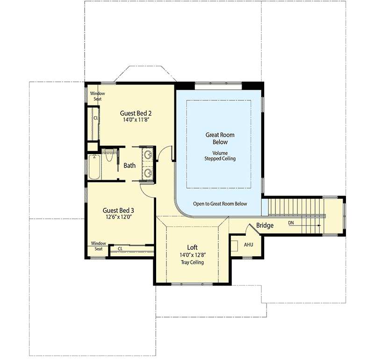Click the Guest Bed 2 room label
point(136,113)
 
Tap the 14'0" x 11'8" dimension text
point(136,120)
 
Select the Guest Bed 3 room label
point(118,210)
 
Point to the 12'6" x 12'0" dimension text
point(118,217)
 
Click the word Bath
point(129,165)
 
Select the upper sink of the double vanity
point(149,155)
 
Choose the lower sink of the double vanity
point(149,173)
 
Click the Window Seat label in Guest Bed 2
point(98,96)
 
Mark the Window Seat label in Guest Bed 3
point(99,246)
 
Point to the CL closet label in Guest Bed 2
point(95,118)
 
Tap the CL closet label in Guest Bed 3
point(120,248)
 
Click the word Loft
point(193,247)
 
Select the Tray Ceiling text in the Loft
point(193,262)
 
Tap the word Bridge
point(265,226)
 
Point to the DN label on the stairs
point(291,222)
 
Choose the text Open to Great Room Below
point(220,204)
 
